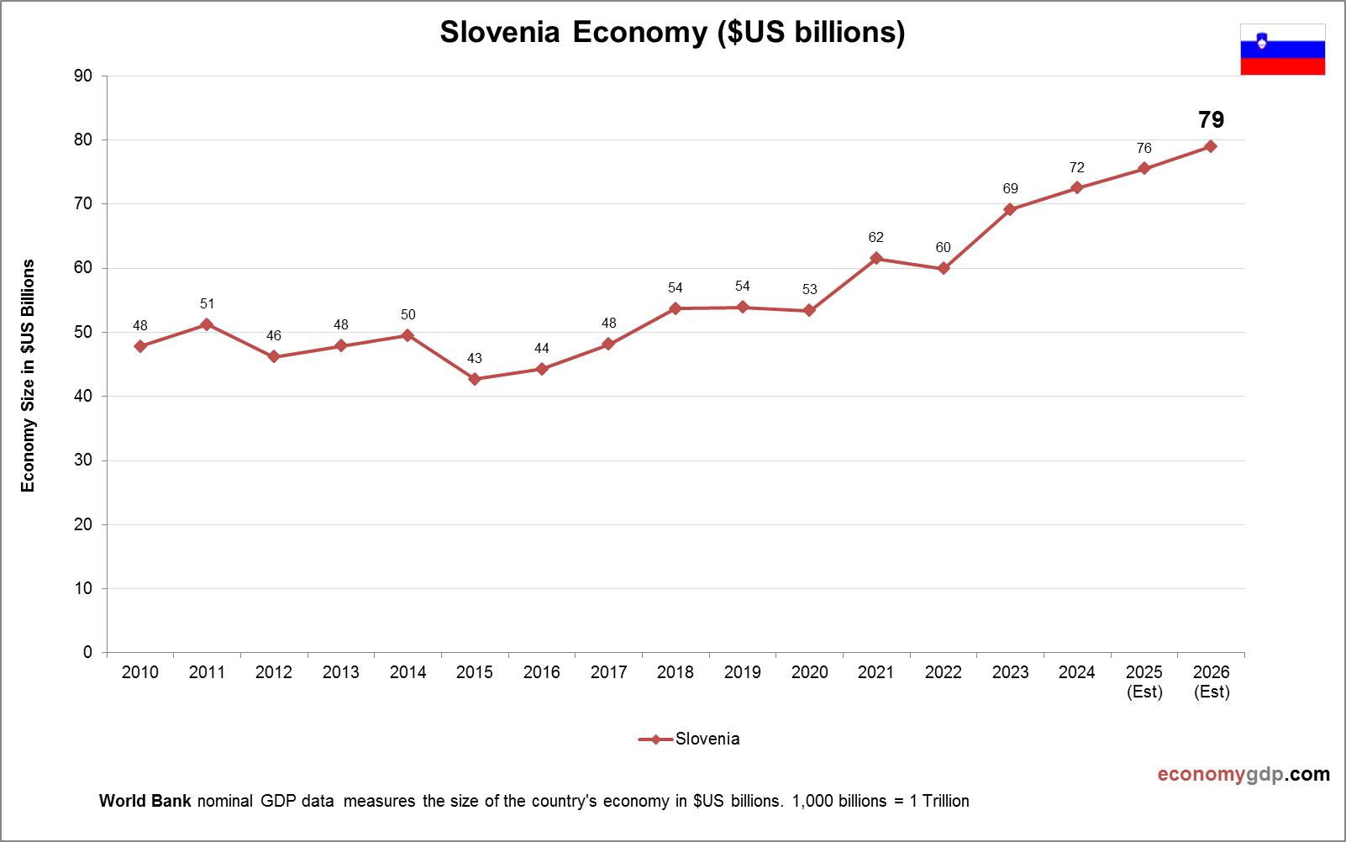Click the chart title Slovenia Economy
coord(672,32)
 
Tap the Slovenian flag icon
coord(1282,50)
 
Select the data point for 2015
coord(475,379)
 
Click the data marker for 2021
coord(876,258)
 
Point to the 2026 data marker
coord(1211,146)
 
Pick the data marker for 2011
coord(207,324)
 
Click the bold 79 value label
coord(1211,119)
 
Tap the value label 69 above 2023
coord(1010,189)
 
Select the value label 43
coord(475,359)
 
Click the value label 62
coord(876,238)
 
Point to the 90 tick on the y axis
coord(83,76)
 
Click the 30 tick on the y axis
coord(83,460)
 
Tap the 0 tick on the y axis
coord(87,652)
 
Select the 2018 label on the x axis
coord(676,672)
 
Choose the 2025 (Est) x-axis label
coord(1144,681)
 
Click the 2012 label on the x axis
coord(274,672)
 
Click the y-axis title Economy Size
coord(29,376)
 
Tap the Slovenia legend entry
coord(690,739)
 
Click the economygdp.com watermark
coord(1243,774)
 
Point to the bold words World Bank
coord(145,801)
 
